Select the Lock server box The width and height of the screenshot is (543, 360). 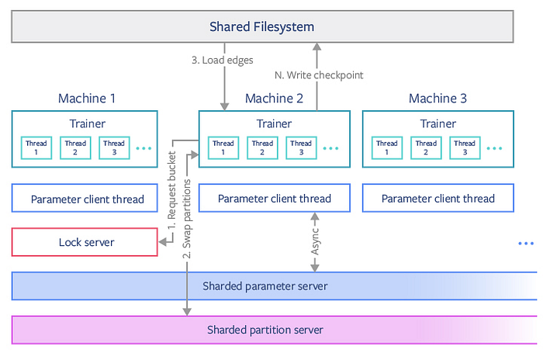[x=86, y=242]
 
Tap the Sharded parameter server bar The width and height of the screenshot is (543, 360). [x=265, y=286]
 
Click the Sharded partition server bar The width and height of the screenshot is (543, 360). [x=265, y=330]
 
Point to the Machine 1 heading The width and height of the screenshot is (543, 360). [x=88, y=98]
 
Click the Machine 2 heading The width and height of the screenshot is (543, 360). [x=275, y=98]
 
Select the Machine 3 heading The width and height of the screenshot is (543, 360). [x=438, y=98]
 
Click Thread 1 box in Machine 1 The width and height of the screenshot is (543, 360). [x=36, y=147]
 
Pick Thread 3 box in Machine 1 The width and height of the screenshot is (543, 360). [x=114, y=147]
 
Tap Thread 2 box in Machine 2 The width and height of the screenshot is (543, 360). [x=262, y=147]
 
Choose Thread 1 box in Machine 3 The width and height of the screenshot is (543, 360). [x=387, y=147]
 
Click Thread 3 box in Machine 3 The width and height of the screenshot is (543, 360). [x=465, y=147]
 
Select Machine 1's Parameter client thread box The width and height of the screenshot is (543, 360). [x=88, y=199]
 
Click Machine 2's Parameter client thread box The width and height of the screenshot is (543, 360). [x=275, y=199]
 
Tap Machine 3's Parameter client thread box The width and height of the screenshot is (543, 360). [x=438, y=199]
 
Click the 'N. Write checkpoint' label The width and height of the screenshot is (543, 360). [x=318, y=75]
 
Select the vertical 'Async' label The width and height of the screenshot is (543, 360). [x=314, y=243]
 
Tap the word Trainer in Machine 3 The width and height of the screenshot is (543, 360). [x=438, y=123]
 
